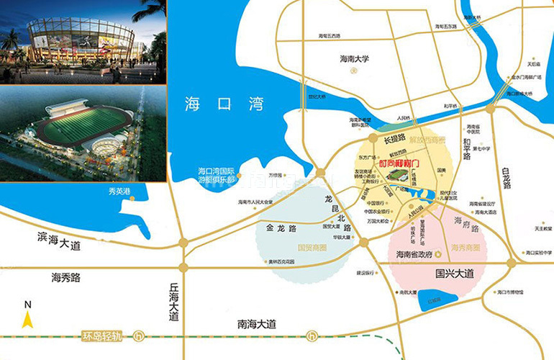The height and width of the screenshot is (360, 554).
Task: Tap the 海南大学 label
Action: [354, 60]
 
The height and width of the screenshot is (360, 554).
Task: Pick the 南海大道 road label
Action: [248, 325]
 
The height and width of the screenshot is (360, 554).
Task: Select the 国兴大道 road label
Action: [455, 274]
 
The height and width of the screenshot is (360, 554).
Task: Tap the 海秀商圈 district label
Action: [466, 247]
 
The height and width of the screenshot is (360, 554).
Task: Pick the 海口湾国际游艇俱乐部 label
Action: [217, 176]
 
